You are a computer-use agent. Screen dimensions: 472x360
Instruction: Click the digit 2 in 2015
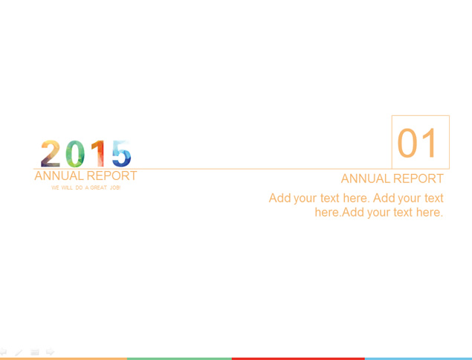[51, 154]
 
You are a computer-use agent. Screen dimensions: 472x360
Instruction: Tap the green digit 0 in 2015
[75, 154]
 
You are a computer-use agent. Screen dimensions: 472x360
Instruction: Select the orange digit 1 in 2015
[98, 154]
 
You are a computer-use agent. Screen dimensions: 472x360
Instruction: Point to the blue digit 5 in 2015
[122, 154]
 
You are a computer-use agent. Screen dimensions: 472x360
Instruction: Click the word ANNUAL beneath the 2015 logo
[59, 176]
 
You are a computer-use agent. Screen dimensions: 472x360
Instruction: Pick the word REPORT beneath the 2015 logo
[111, 176]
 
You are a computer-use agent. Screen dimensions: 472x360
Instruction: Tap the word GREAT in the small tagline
[98, 187]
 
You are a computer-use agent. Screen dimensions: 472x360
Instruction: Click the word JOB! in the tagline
[115, 187]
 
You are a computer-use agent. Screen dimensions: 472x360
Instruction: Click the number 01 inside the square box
[416, 143]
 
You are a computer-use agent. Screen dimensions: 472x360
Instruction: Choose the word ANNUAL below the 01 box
[366, 179]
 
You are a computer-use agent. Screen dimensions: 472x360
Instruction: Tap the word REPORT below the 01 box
[418, 179]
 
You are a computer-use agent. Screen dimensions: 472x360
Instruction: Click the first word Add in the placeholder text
[279, 199]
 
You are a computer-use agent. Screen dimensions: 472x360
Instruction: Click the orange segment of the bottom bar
[63, 359]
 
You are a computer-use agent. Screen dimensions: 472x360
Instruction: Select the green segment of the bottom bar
[179, 359]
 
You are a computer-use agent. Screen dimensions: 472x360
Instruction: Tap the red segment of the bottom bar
[298, 359]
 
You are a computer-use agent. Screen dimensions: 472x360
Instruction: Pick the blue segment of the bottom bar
[418, 359]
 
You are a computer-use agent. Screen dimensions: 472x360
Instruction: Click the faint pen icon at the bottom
[19, 352]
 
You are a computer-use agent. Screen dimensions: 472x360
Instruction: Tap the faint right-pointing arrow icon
[50, 352]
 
